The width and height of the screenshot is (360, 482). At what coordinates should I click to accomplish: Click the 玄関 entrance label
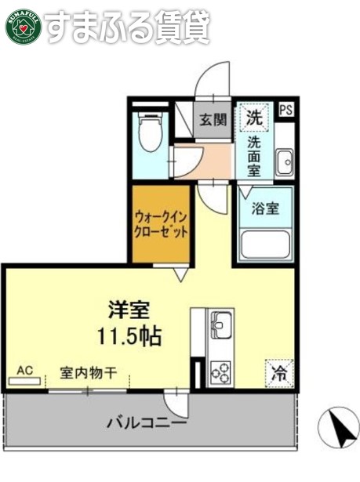pyautogui.click(x=212, y=120)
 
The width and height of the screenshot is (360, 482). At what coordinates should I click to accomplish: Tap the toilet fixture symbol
pyautogui.click(x=147, y=134)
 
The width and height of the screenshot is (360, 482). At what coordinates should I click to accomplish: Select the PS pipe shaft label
pyautogui.click(x=286, y=111)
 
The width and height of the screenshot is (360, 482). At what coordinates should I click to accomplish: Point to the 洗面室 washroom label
pyautogui.click(x=256, y=156)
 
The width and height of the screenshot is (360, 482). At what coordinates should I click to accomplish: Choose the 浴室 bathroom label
pyautogui.click(x=264, y=209)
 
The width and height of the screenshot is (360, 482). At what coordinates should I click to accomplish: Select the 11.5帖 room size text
pyautogui.click(x=129, y=336)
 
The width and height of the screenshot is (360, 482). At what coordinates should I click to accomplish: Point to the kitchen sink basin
pyautogui.click(x=220, y=322)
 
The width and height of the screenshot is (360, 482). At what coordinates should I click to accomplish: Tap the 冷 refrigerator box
pyautogui.click(x=278, y=372)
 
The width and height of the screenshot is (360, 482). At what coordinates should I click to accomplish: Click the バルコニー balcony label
pyautogui.click(x=147, y=424)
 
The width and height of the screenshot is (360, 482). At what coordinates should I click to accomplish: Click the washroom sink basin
pyautogui.click(x=285, y=163)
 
